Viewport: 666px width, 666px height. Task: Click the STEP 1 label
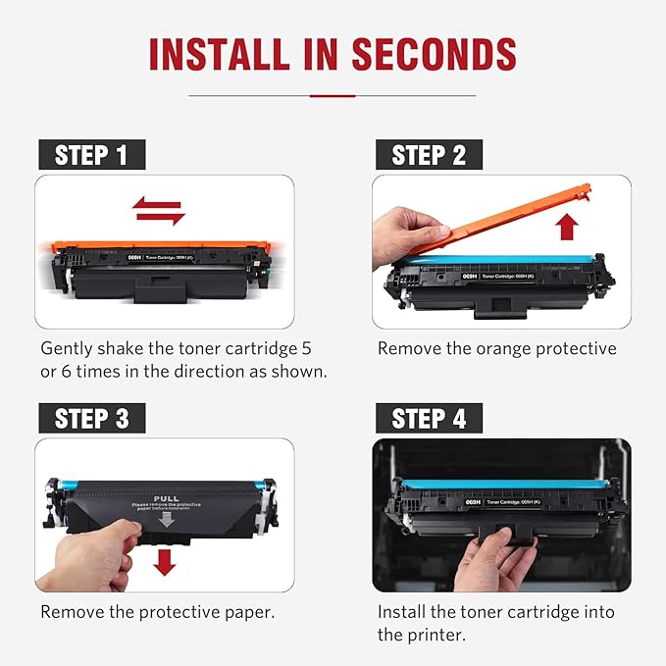[91, 155]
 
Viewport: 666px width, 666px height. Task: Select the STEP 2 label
[428, 155]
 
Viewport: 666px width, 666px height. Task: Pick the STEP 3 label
[91, 419]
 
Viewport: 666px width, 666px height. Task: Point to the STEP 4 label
[428, 419]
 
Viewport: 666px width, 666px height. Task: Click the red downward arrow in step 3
[165, 561]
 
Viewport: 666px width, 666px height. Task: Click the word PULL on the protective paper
[164, 498]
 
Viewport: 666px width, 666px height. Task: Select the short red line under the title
[332, 95]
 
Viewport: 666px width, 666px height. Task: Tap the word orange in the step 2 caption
[513, 348]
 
